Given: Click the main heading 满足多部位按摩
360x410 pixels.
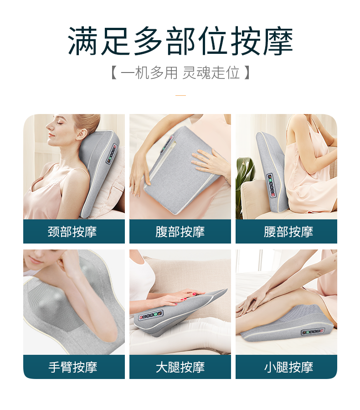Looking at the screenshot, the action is coord(180,41).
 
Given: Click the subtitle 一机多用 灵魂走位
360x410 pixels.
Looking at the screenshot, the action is coord(180,73).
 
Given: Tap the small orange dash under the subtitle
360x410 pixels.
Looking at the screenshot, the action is coord(180,95).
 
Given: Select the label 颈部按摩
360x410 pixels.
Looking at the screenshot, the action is coord(72,231).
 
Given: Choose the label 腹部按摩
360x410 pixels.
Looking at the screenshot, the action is coord(180,231).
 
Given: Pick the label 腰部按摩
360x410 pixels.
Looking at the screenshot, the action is coord(288,231).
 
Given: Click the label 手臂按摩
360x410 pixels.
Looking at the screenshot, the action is coord(72,367).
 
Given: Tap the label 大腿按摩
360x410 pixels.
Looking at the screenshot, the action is coord(180,367).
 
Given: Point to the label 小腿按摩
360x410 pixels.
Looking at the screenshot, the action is coord(288,367).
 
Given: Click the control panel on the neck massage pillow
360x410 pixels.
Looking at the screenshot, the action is coord(111,154).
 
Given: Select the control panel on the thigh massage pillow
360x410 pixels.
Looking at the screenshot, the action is coord(151,315).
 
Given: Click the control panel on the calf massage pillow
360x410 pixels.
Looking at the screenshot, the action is coord(313,332).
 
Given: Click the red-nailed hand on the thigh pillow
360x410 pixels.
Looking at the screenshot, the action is coord(187,297).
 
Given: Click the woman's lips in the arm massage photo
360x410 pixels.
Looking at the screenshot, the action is coord(35,261).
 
